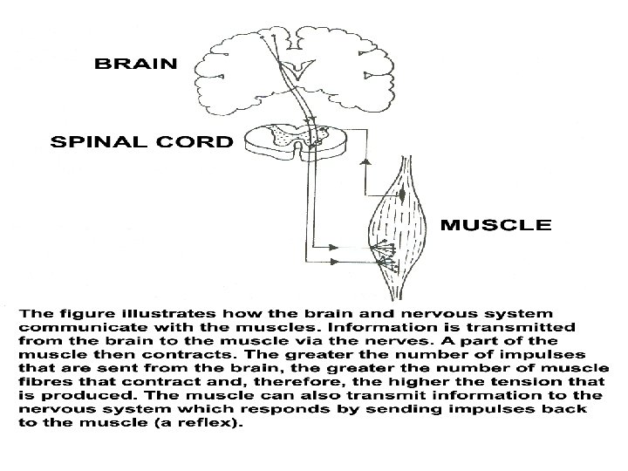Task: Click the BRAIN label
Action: (135, 63)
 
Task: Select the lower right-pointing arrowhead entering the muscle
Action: (335, 259)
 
